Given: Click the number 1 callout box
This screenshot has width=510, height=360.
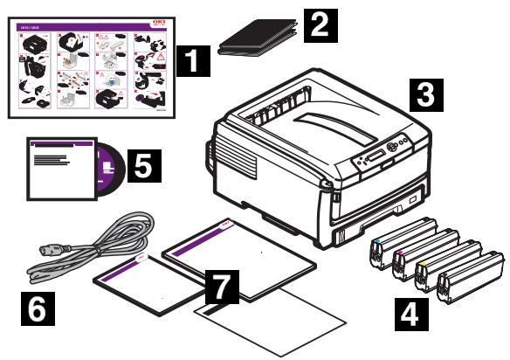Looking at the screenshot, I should [190, 62].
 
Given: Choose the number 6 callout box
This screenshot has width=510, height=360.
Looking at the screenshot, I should [41, 308].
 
